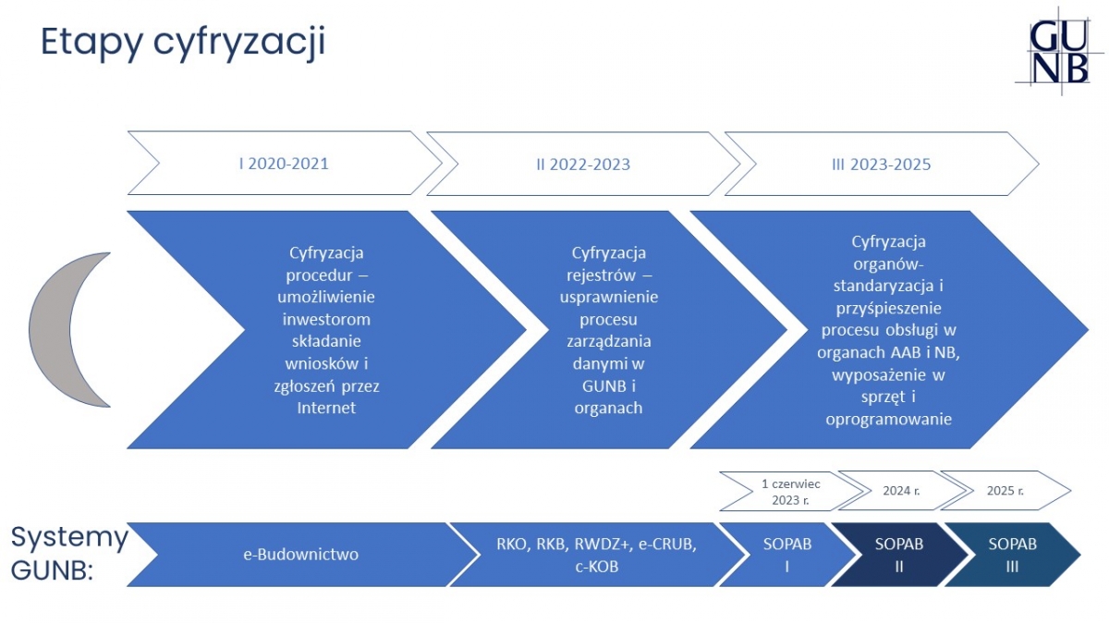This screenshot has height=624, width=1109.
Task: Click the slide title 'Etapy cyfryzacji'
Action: [x=183, y=43]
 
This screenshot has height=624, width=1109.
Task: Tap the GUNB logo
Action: [x=1059, y=51]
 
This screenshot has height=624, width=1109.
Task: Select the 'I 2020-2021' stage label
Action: [x=284, y=164]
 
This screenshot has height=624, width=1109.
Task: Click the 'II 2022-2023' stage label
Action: [x=583, y=164]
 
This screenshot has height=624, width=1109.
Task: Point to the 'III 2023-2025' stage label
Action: [x=882, y=164]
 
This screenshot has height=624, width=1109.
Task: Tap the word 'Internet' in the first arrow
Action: [x=326, y=408]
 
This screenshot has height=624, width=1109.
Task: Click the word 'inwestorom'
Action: [x=326, y=319]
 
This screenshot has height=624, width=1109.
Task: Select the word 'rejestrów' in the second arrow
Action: [x=601, y=275]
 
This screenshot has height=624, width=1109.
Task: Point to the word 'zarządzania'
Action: [x=608, y=341]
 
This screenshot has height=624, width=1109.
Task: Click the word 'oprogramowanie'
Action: [x=889, y=420]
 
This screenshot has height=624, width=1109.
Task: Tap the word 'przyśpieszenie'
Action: [x=889, y=308]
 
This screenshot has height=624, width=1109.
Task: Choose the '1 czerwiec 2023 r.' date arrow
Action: [x=791, y=491]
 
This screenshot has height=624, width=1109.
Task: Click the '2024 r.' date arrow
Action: [x=902, y=490]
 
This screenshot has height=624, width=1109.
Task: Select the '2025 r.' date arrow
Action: [x=1005, y=490]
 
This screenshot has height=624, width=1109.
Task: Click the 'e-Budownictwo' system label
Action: [x=301, y=554]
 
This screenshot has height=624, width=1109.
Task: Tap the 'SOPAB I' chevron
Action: [x=787, y=555]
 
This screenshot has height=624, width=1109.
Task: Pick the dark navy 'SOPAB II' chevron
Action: [x=899, y=555]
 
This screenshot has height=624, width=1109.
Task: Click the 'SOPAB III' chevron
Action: [x=1013, y=555]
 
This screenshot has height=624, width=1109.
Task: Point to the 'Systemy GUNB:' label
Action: [x=69, y=553]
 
